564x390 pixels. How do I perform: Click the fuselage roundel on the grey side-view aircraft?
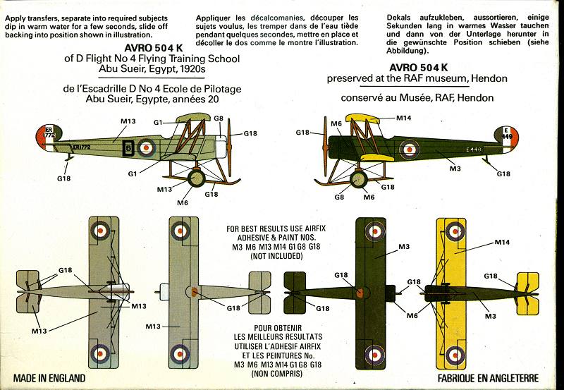click(147, 147)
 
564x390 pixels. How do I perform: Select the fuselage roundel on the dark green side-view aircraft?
click(410, 148)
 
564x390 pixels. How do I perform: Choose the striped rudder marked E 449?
click(508, 139)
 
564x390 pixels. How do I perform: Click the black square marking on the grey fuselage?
click(128, 147)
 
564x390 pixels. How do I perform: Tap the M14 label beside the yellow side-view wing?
click(404, 117)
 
